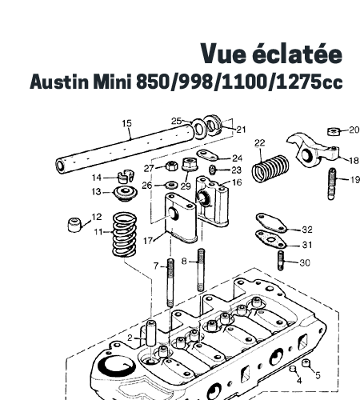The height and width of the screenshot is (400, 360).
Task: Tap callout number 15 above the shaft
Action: [127, 123]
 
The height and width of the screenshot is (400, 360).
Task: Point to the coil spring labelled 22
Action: [270, 169]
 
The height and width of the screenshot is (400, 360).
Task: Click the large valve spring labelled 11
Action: [125, 234]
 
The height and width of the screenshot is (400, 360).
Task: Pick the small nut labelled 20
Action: [333, 131]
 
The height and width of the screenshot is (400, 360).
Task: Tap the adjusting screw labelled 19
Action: [332, 184]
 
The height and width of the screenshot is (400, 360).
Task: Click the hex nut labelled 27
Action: [172, 166]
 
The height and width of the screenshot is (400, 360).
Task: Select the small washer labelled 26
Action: [172, 184]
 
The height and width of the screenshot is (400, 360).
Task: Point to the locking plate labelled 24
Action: [207, 155]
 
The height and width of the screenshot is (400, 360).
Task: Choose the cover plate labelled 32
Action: [271, 222]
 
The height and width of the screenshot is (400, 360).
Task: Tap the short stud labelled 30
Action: [281, 261]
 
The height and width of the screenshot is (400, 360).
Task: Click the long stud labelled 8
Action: [201, 270]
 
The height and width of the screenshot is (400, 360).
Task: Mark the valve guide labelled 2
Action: [151, 334]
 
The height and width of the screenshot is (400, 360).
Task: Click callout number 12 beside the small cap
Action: [97, 217]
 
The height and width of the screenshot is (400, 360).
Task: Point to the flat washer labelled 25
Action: [198, 129]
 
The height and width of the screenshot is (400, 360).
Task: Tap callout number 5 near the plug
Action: [318, 375]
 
